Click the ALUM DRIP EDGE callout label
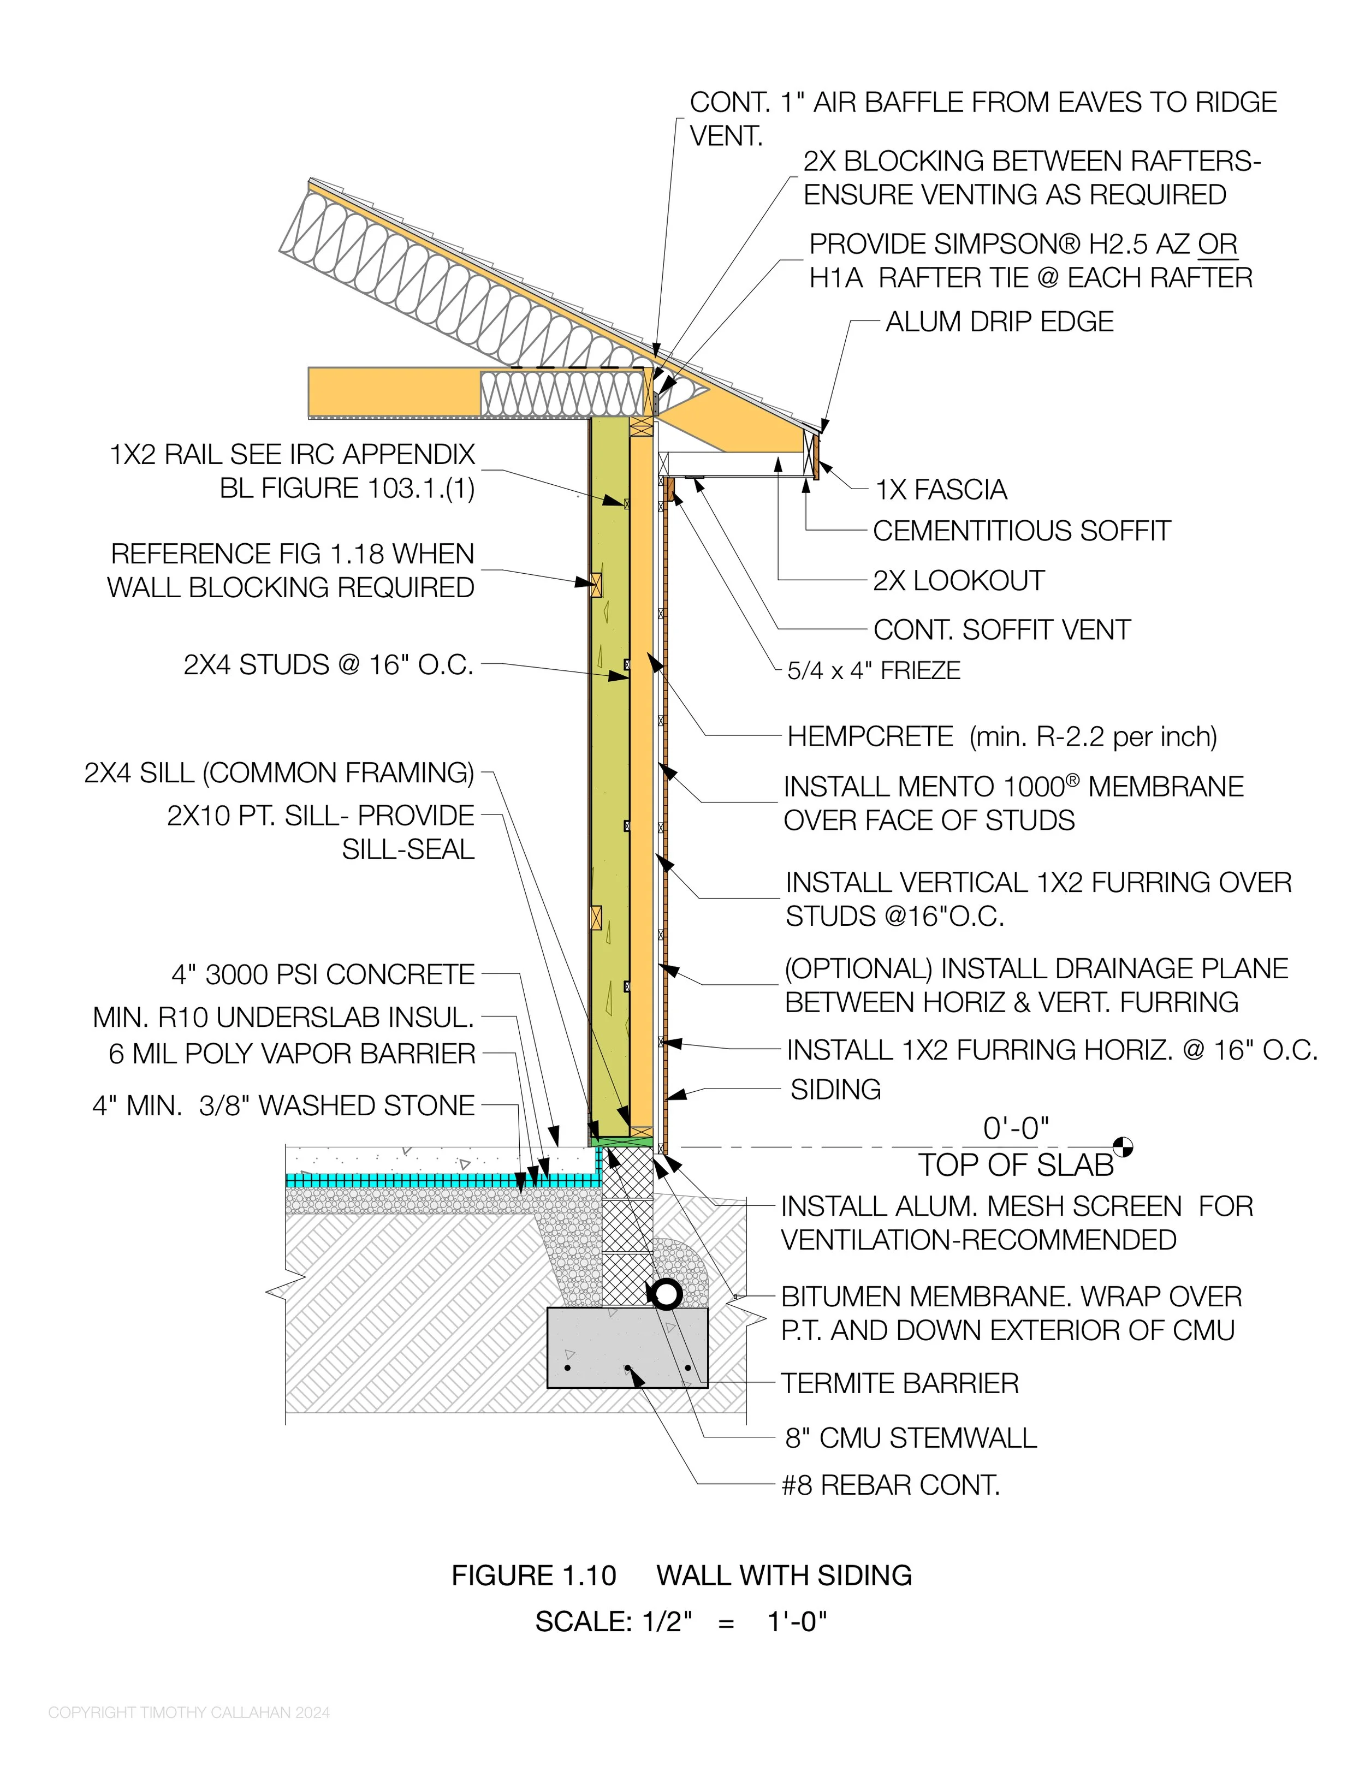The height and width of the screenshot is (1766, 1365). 1000,322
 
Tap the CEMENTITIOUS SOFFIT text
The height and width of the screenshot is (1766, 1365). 1022,531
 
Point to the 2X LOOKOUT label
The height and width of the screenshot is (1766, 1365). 958,581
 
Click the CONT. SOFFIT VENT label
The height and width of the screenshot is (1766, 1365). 1001,630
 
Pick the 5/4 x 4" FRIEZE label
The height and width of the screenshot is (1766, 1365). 874,670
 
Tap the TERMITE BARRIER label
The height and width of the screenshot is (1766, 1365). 899,1383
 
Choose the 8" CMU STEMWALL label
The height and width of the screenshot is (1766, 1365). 911,1438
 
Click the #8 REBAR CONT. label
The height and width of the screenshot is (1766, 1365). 891,1485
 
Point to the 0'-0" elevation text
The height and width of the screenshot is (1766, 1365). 1016,1128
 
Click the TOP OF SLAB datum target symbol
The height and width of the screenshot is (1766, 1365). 1123,1146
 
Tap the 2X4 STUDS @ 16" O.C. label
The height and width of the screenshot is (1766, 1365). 328,665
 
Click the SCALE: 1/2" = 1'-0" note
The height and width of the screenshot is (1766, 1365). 681,1621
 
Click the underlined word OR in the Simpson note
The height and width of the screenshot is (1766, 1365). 1217,244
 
